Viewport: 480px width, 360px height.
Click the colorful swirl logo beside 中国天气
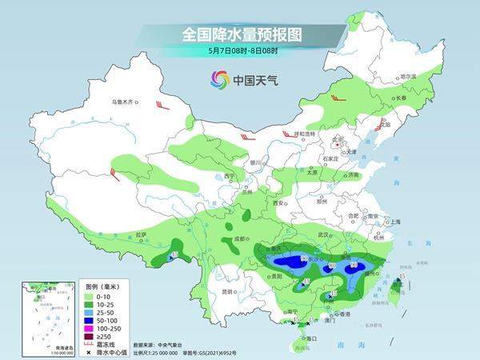pyautogui.click(x=219, y=79)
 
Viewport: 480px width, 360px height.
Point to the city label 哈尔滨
pyautogui.click(x=408, y=76)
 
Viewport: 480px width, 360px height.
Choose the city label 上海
pyautogui.click(x=393, y=222)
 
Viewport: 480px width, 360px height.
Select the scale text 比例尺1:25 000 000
pyautogui.click(x=163, y=351)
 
